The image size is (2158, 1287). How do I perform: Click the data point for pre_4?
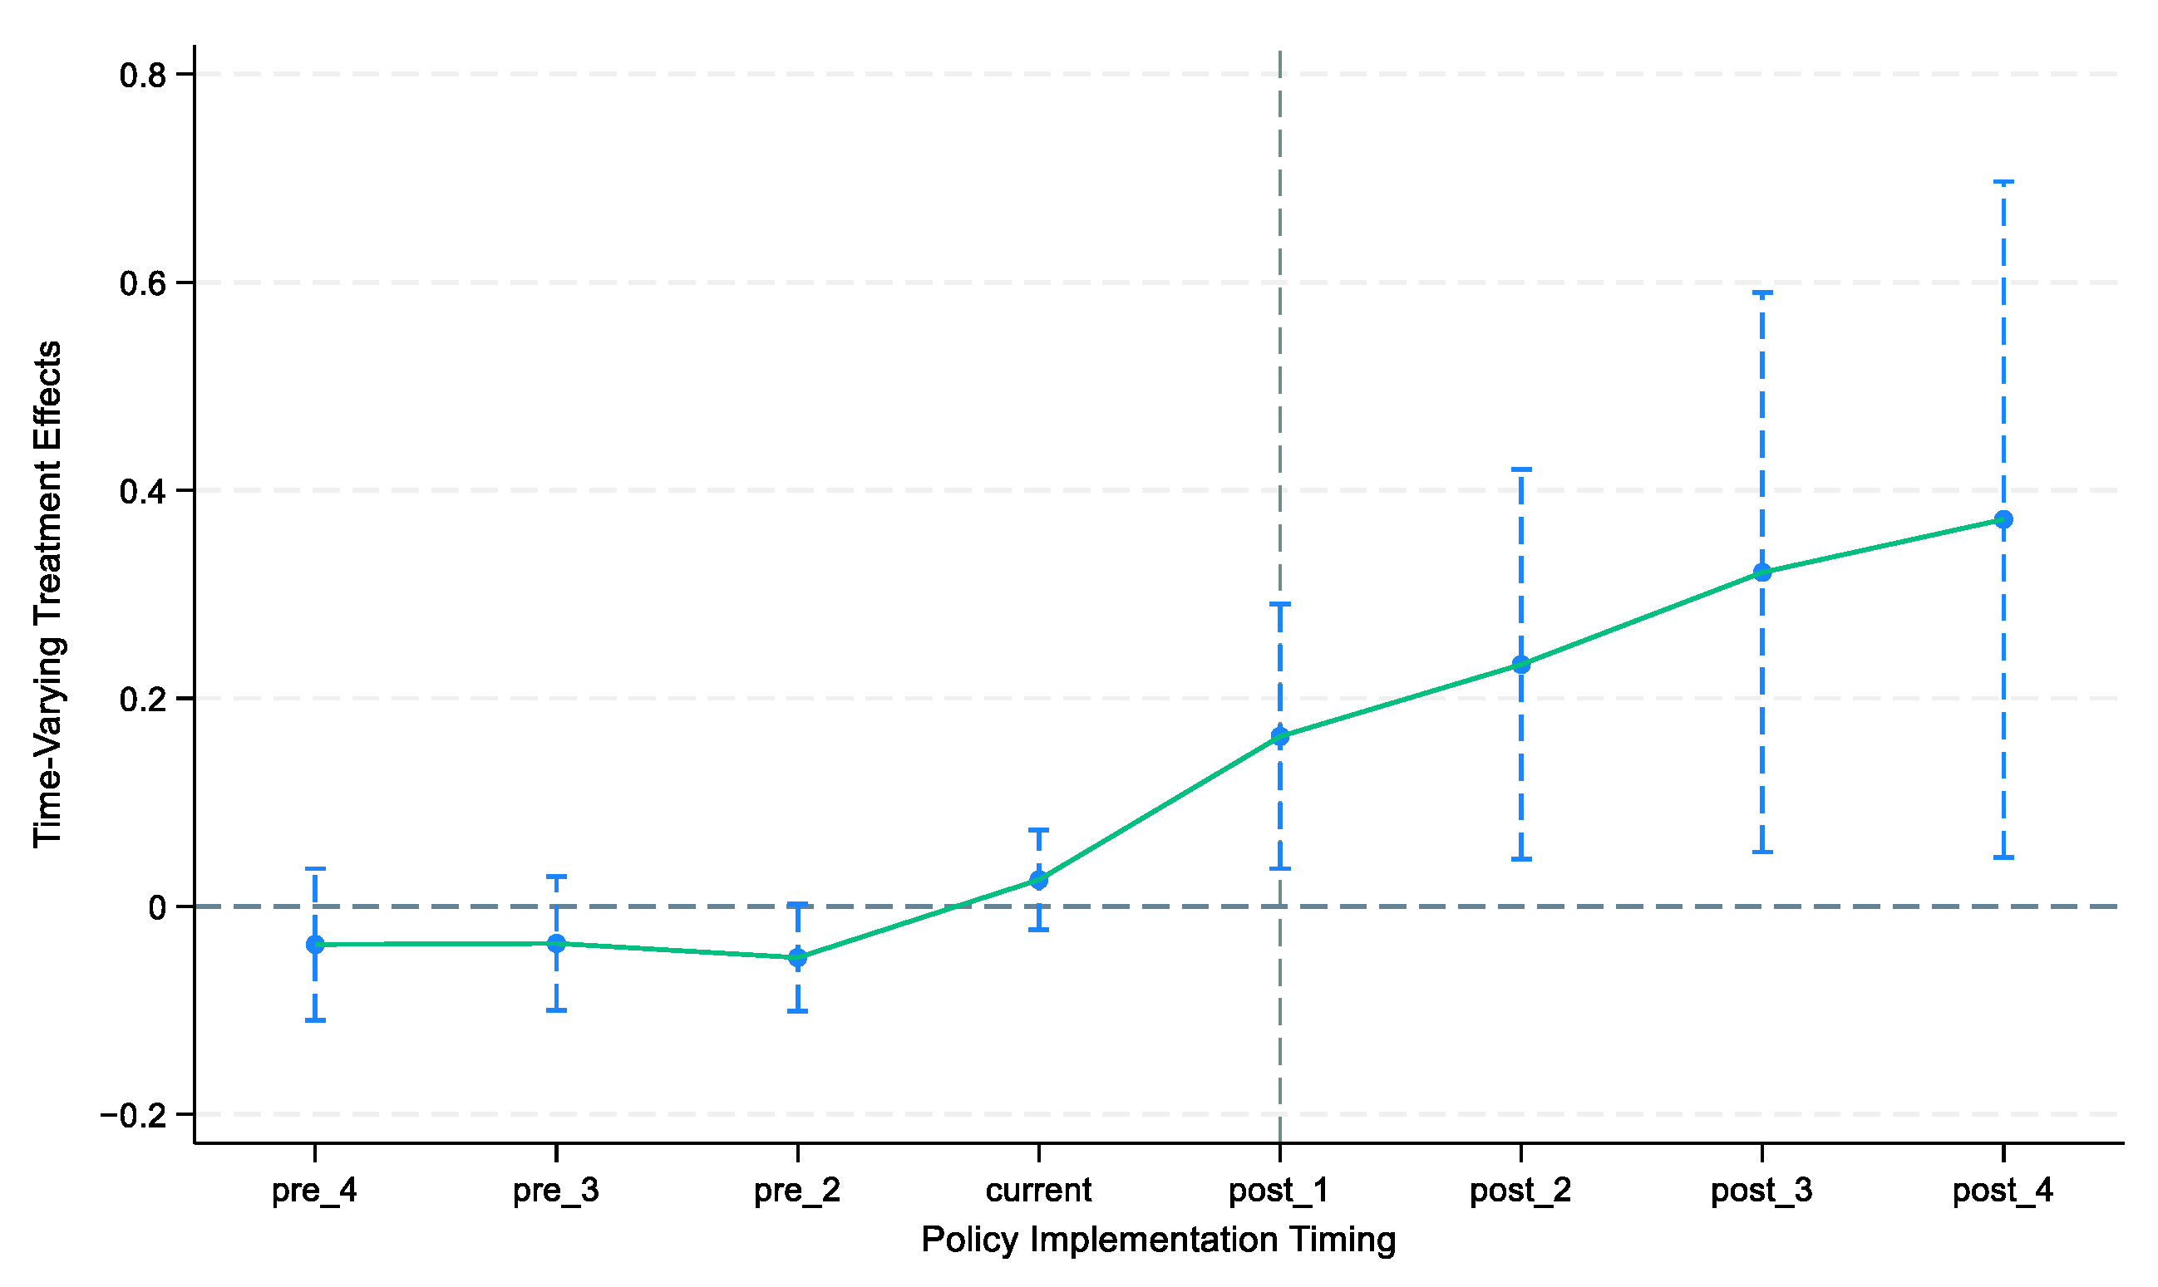click(315, 945)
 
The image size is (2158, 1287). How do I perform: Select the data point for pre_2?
click(797, 958)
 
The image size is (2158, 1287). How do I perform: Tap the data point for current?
click(1038, 880)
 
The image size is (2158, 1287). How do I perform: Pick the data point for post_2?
click(1521, 666)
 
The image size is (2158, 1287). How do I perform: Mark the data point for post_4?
click(2003, 519)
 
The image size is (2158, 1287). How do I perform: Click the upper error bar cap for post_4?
click(2003, 182)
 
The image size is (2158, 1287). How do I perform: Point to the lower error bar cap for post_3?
click(1762, 852)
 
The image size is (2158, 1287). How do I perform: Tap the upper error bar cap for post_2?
click(1521, 469)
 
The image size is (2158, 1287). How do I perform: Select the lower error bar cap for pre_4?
click(315, 1021)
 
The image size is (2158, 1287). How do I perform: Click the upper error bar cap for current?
click(1038, 830)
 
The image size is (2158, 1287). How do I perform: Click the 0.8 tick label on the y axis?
click(143, 76)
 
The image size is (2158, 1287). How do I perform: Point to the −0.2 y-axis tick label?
click(134, 1115)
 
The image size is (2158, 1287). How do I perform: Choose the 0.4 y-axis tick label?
click(143, 492)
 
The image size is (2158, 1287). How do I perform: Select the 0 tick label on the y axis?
click(158, 908)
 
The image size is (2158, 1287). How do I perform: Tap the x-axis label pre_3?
click(556, 1191)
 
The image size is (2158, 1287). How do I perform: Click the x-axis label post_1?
click(1279, 1191)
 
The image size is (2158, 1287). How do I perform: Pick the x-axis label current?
click(1038, 1191)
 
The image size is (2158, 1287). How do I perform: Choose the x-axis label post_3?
click(1762, 1191)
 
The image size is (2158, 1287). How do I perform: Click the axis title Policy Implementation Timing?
click(1159, 1240)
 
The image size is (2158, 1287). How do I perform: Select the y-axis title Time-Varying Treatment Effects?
click(47, 594)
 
